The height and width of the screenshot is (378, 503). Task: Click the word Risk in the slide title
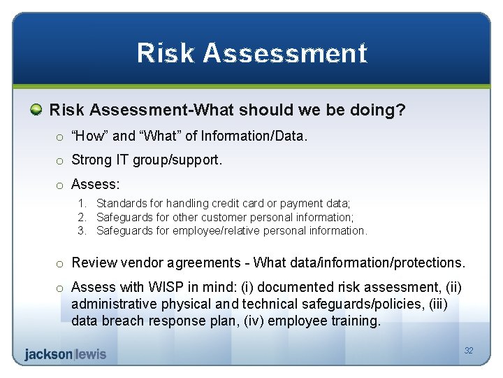pos(166,52)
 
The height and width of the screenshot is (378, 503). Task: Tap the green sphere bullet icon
pos(36,110)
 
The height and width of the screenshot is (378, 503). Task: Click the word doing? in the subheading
pos(377,111)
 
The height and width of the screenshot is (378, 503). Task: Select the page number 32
pos(469,351)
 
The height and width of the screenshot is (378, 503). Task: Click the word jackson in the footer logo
pos(48,354)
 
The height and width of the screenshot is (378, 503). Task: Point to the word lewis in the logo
pos(92,354)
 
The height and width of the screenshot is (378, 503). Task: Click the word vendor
pos(142,262)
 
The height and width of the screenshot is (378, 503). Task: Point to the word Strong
pos(92,160)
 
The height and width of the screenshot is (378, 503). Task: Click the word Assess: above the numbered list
pos(96,184)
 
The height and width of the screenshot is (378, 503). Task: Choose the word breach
pos(123,321)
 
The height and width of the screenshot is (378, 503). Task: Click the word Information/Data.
pos(254,136)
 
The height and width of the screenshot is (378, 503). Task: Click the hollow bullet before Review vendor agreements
pos(59,264)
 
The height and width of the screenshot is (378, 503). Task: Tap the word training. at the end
pos(356,321)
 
